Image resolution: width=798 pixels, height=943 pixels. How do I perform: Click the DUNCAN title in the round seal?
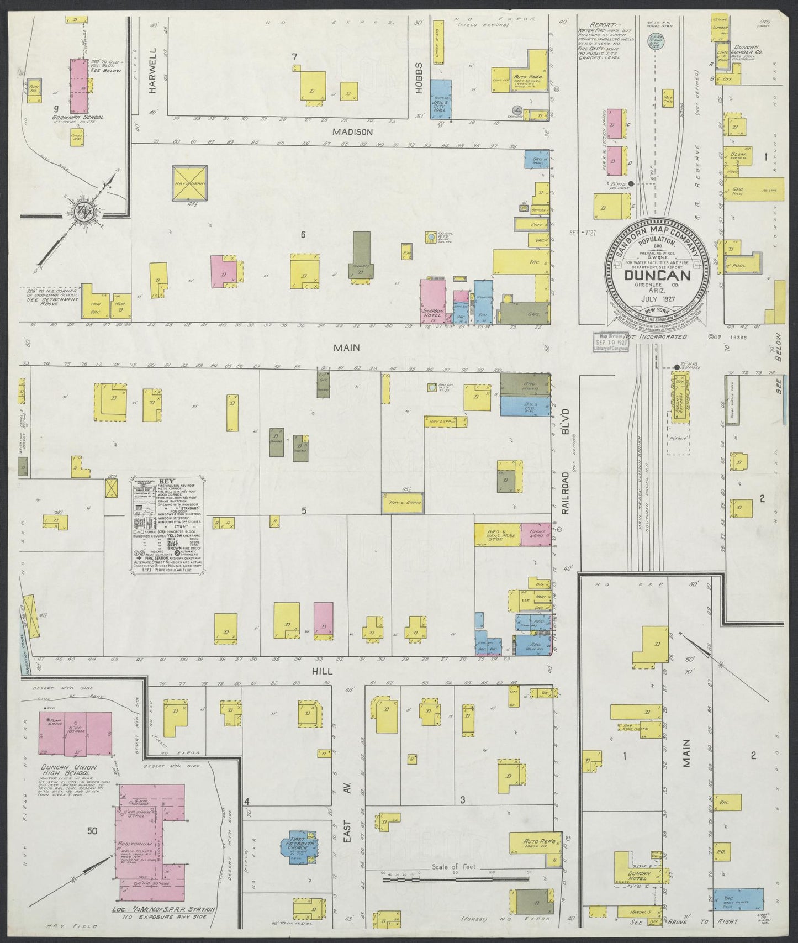tap(657, 275)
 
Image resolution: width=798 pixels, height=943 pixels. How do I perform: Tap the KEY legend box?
tap(167, 522)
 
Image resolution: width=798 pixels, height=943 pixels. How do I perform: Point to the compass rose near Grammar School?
tap(86, 210)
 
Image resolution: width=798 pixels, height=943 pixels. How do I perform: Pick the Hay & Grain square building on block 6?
tap(189, 184)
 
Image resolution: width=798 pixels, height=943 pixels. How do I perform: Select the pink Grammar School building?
tap(77, 85)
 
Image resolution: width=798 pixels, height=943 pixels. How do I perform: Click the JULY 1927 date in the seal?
tap(657, 299)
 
